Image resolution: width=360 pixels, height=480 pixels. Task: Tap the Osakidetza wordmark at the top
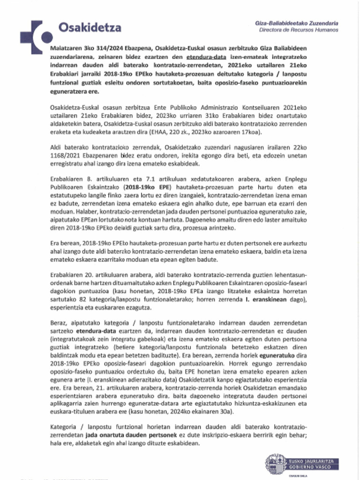[x=89, y=28]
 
